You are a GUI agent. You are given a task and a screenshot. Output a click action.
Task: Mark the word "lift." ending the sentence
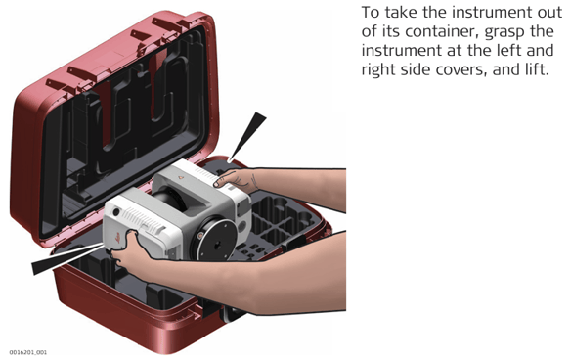tap(536, 69)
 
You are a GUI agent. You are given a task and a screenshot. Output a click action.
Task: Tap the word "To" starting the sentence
tap(371, 13)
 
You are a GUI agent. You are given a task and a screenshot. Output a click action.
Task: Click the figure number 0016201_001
tap(28, 352)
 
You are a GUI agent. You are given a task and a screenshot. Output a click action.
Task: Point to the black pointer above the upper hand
tap(247, 137)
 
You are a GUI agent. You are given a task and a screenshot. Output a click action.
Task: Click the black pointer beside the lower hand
tap(67, 259)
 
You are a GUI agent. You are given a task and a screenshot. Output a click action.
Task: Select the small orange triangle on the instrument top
tap(181, 177)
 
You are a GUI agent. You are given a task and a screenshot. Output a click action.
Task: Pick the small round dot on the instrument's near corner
tap(116, 211)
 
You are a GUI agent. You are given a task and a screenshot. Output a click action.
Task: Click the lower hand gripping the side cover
tap(130, 251)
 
